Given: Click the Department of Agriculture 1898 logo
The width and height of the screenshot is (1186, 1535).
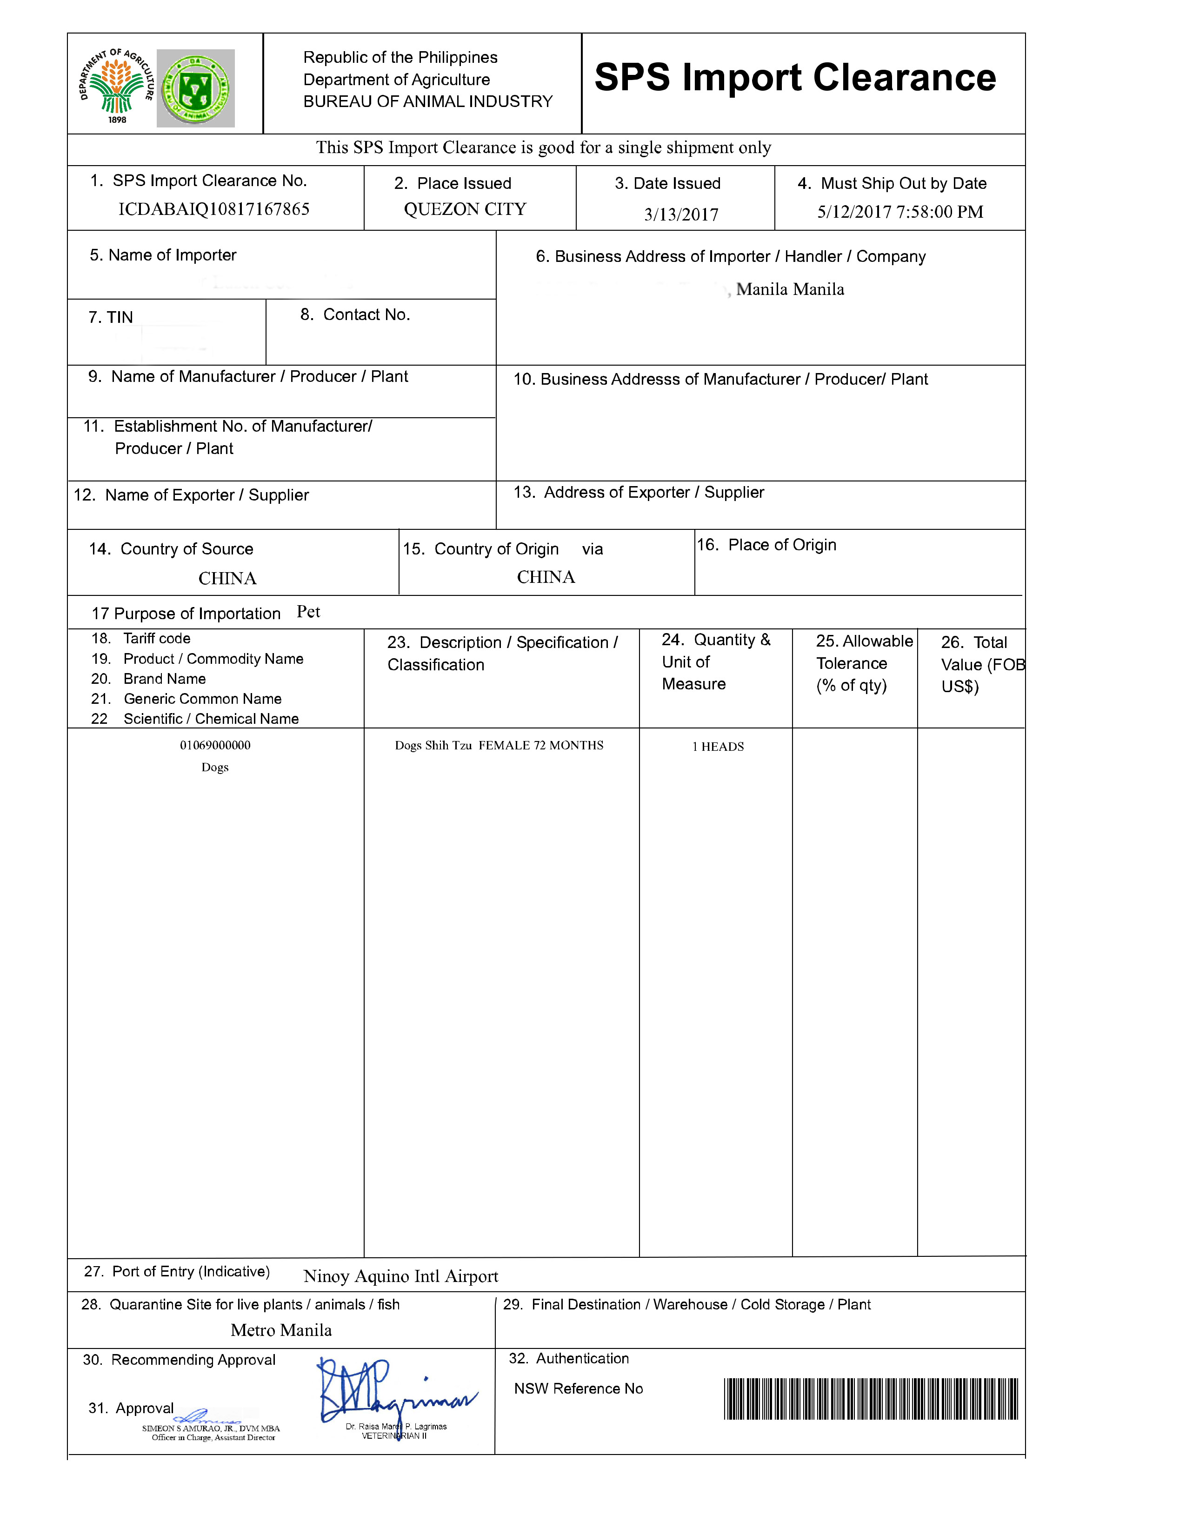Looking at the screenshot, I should (x=117, y=86).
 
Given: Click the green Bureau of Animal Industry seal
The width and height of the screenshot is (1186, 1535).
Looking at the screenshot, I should (x=195, y=88).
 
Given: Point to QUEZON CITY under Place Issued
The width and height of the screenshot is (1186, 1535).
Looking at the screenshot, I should (x=465, y=209).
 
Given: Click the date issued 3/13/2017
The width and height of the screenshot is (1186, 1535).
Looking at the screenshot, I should (x=681, y=214).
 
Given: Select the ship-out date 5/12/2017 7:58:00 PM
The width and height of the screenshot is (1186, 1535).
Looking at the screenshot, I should (x=899, y=212).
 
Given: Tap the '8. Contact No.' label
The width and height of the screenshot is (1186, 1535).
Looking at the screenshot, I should (x=355, y=315).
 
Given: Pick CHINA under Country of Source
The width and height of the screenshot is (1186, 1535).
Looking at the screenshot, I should (x=227, y=579).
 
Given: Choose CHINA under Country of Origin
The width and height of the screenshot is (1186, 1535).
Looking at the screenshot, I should (x=546, y=577).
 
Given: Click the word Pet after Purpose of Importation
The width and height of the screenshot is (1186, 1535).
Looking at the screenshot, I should (x=308, y=612).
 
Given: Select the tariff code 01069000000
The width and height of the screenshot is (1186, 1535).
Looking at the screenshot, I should (x=215, y=746).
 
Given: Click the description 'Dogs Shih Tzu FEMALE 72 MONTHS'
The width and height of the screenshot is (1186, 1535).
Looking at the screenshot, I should (x=499, y=746).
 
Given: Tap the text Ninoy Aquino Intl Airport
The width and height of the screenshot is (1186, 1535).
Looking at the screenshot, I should (x=400, y=1276).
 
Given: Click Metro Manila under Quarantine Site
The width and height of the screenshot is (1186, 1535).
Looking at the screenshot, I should (x=281, y=1330).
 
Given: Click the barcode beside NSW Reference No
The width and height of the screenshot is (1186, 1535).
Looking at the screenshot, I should (x=871, y=1399).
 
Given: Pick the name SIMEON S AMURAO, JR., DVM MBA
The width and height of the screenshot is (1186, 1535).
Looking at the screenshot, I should (x=211, y=1428).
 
